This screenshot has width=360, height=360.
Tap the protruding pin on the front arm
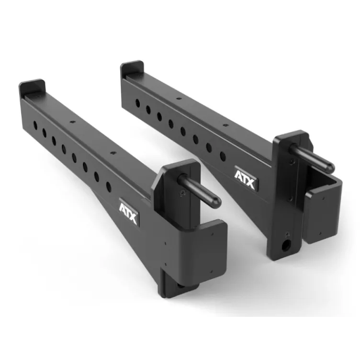pos(199,189)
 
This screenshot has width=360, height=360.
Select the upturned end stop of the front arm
pos(33,87)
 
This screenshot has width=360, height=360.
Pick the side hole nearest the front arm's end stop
pos(35,125)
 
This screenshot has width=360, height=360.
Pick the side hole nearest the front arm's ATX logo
pos(108,186)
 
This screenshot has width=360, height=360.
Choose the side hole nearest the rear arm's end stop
pos(137,103)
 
